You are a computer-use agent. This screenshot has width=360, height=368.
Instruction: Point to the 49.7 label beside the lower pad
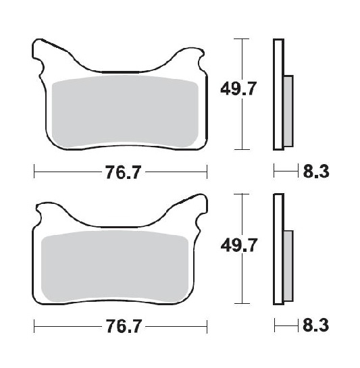(x=240, y=247)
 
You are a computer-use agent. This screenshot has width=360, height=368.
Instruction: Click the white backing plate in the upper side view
(x=277, y=95)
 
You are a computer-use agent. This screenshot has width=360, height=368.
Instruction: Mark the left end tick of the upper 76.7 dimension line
(x=34, y=173)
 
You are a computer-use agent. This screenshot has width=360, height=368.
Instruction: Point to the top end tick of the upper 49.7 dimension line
(x=240, y=39)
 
